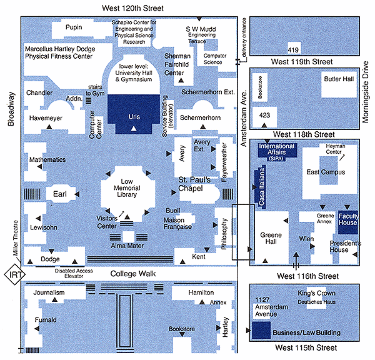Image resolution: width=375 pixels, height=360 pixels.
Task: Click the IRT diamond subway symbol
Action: [12, 274]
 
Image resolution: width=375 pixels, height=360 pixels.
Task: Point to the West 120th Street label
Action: [134, 7]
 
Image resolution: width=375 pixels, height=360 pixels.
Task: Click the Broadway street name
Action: [11, 109]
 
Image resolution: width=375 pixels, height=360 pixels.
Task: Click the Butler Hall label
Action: [338, 79]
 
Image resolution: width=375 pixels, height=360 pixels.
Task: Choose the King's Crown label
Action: [316, 293]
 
